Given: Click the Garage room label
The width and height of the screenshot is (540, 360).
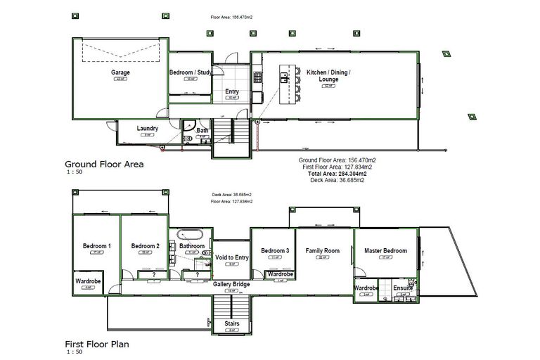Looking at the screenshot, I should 120,72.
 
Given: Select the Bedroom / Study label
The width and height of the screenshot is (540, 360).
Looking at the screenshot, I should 191,72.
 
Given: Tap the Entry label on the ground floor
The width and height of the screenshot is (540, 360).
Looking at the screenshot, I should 232,91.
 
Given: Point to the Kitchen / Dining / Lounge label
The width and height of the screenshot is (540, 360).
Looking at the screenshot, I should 328,76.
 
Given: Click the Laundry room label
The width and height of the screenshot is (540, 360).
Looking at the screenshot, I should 148,129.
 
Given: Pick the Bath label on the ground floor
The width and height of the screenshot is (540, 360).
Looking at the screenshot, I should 202,131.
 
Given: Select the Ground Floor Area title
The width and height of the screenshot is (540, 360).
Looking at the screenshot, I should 104,164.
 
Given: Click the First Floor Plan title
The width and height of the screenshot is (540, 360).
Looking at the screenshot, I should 97,345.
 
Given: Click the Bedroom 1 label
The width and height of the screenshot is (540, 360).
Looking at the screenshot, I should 97,246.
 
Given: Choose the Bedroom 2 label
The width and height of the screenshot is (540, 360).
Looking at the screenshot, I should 146,246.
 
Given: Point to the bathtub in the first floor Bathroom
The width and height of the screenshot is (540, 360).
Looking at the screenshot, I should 190,235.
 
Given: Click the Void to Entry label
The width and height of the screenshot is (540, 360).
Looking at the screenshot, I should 232,258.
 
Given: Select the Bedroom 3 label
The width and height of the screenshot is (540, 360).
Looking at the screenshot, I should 275,251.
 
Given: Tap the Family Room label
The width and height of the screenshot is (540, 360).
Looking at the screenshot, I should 322,251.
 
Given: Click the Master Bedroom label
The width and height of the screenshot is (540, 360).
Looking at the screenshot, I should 385,251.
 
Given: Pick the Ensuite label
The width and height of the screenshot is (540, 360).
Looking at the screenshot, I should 403,288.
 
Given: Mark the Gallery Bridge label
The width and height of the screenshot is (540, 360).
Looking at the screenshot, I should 232,284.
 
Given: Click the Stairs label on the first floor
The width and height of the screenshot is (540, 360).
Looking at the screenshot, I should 232,324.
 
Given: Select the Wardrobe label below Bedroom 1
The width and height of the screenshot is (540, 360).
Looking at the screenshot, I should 88,281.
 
